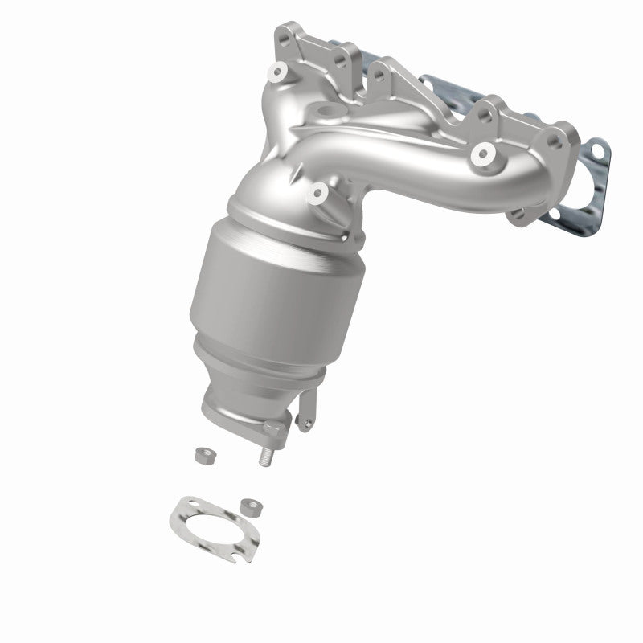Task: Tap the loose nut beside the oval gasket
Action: coord(249,506)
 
